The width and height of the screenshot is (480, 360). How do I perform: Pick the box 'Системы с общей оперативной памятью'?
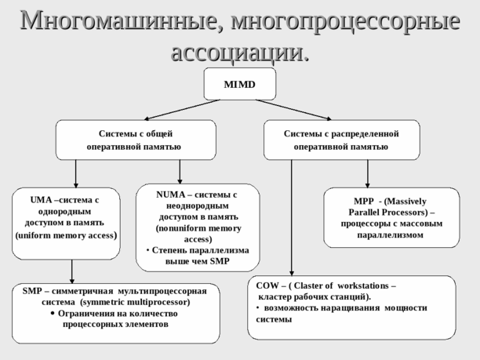tap(135, 140)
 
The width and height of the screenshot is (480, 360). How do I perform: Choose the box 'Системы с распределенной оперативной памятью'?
tap(341, 140)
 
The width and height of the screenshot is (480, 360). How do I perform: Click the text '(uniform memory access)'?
tap(67, 235)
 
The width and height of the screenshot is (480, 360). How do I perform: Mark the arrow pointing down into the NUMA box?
tap(180, 172)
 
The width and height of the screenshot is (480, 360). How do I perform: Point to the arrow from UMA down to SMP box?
tap(72, 271)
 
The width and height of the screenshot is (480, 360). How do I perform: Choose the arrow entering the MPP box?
tap(367, 173)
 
